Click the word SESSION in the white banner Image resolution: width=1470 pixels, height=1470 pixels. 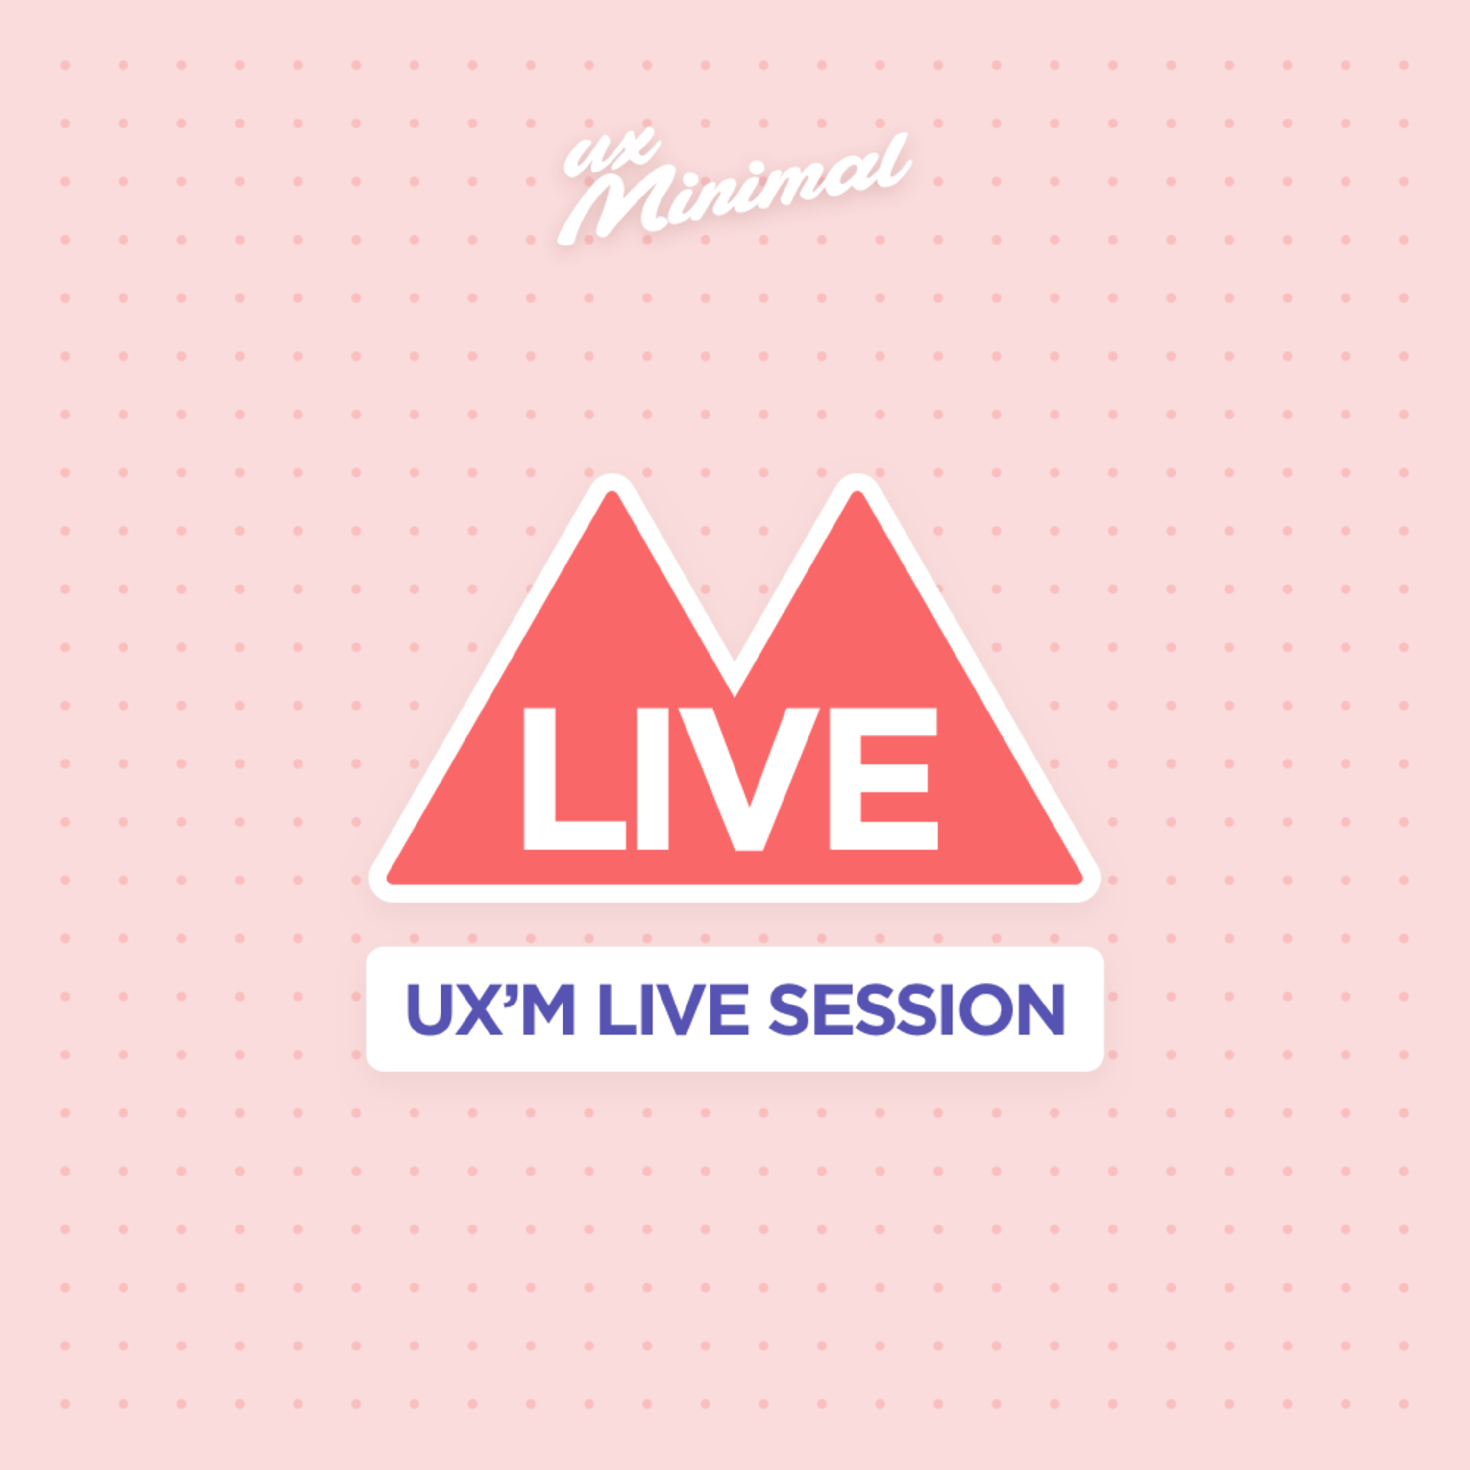tap(916, 1010)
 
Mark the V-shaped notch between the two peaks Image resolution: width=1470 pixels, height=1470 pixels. tap(734, 688)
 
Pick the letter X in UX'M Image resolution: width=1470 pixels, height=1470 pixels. tap(480, 1010)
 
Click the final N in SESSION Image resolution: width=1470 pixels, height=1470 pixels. tap(1042, 1010)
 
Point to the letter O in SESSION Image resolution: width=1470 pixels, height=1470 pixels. tap(986, 1010)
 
